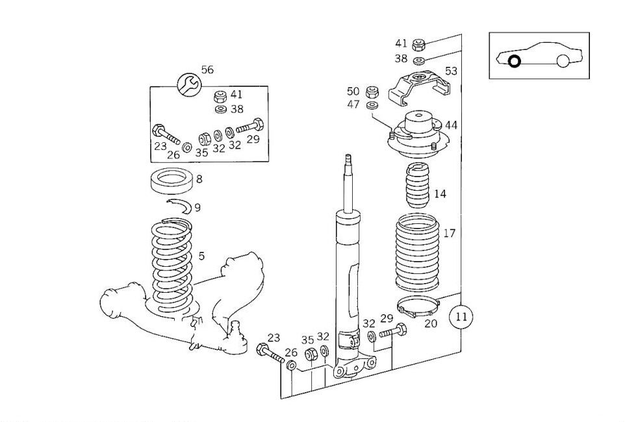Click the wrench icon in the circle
189,84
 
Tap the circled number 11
461,317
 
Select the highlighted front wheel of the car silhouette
514,62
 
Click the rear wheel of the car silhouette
563,61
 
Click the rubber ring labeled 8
172,181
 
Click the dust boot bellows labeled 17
416,253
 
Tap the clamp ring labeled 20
418,308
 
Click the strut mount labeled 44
418,136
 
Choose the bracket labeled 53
418,86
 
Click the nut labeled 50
372,92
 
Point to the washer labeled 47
372,106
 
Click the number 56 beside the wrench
207,69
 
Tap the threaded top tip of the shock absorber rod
349,158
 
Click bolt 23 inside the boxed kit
166,135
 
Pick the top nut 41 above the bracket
417,44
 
